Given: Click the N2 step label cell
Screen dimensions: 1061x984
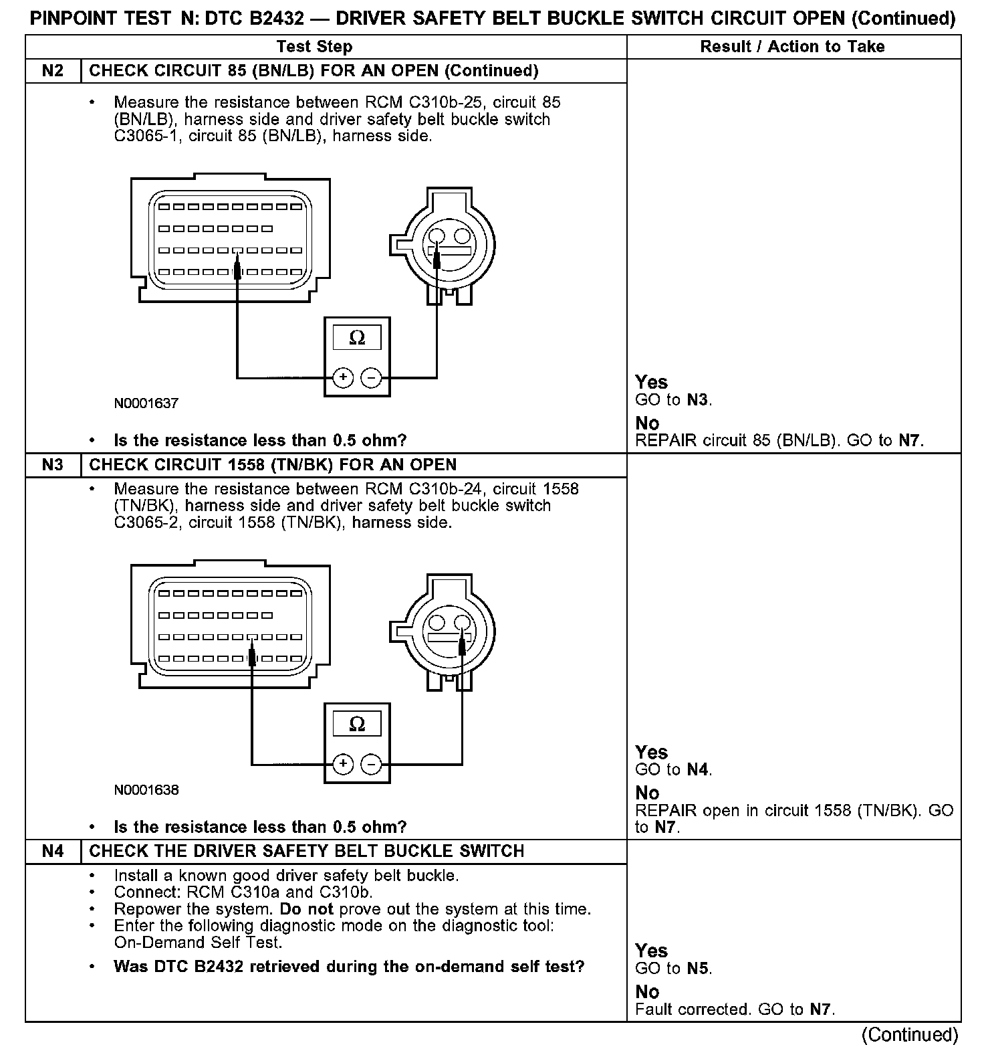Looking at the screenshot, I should [x=53, y=71].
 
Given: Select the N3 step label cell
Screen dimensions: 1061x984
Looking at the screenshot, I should [x=53, y=465].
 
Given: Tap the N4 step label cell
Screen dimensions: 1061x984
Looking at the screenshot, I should [x=53, y=851].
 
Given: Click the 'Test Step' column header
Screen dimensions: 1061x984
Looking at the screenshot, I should [x=314, y=46].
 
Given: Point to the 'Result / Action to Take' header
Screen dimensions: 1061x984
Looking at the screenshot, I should [x=792, y=46].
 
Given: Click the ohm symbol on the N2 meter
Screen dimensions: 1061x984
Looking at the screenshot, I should [x=357, y=339].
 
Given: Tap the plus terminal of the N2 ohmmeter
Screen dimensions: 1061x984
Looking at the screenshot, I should [x=343, y=378].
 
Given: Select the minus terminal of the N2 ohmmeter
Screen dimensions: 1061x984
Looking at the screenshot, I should [x=371, y=378].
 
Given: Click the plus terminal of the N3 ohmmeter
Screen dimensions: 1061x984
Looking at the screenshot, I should [x=343, y=764].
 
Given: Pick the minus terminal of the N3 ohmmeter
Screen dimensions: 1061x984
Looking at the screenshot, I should [x=371, y=764].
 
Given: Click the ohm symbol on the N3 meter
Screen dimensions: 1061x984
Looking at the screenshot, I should [x=357, y=725].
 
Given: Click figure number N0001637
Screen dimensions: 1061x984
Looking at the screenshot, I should [x=146, y=403].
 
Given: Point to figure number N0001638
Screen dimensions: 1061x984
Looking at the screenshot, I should [x=146, y=790].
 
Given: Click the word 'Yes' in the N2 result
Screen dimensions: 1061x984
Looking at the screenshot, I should [x=651, y=382].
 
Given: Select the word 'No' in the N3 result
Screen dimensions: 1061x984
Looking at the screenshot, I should [x=647, y=793].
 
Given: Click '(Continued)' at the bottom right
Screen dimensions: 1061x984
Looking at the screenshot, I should [x=909, y=1035].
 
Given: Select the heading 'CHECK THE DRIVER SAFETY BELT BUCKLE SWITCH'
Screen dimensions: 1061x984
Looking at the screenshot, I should [x=307, y=851].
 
